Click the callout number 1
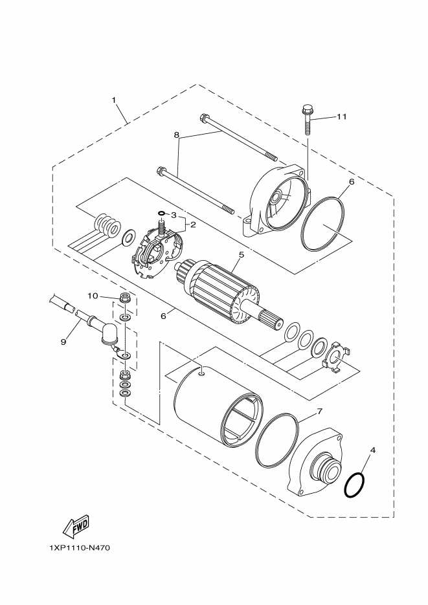(x=114, y=100)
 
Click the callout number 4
(x=373, y=449)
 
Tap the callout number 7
(x=319, y=411)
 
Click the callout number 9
(x=63, y=341)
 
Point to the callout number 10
(x=93, y=296)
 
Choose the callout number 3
(x=174, y=214)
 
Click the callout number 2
(x=192, y=225)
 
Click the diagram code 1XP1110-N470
(x=80, y=548)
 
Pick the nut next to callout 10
(x=125, y=298)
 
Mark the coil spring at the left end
(x=106, y=226)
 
